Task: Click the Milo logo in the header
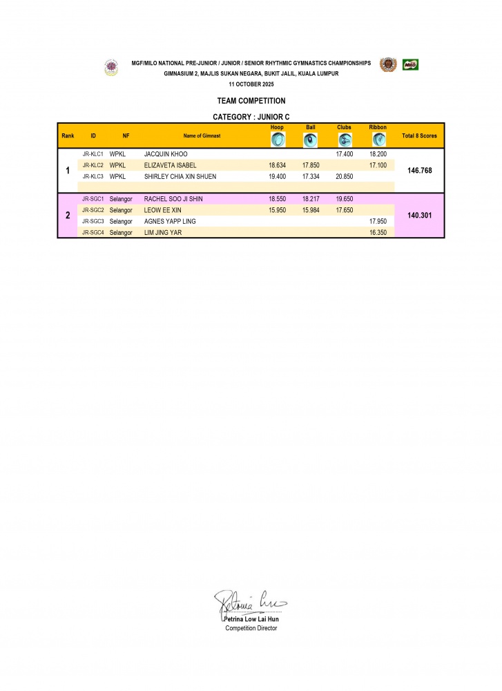click(411, 65)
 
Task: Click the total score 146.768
click(420, 170)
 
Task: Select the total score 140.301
click(420, 216)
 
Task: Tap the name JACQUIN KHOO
click(166, 154)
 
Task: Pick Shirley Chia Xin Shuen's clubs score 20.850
click(344, 176)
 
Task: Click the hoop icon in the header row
click(277, 140)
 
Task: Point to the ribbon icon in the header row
click(378, 140)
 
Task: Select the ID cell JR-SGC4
click(93, 233)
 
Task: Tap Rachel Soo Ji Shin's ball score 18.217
click(311, 199)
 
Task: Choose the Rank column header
click(68, 136)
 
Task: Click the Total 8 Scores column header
click(419, 136)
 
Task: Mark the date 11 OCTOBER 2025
click(251, 84)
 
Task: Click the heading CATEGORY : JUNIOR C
click(251, 117)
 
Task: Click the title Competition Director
click(251, 628)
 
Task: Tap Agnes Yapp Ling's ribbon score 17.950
click(378, 221)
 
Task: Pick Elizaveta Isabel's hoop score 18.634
click(277, 165)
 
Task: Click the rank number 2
click(68, 216)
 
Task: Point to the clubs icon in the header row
click(345, 140)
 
